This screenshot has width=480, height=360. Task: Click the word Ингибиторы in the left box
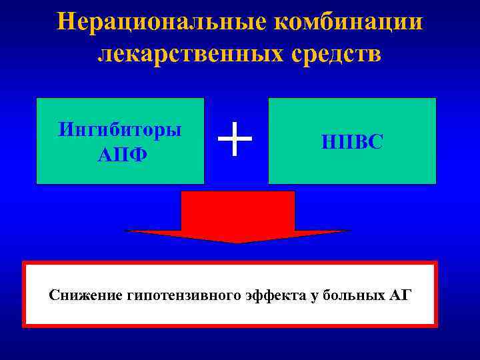pos(120,129)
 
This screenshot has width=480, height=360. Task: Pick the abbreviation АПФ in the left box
pos(120,154)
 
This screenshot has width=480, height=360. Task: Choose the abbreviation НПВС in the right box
pos(352,142)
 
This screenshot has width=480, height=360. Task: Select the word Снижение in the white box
pos(85,295)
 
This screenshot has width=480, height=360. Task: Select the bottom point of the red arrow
pos(238,243)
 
